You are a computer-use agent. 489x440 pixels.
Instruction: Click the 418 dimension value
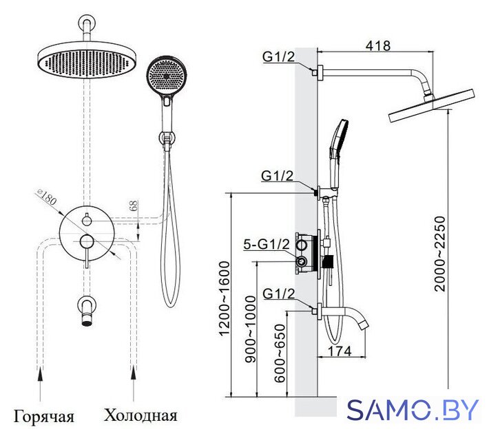[377, 45]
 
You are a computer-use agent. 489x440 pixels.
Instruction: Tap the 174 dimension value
[340, 351]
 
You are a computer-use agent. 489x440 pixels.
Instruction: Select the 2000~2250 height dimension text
[440, 254]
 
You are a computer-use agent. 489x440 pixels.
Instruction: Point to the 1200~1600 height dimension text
[225, 298]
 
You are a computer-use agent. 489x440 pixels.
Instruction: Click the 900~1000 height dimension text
[250, 329]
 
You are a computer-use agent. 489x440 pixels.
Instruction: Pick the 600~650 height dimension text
[280, 353]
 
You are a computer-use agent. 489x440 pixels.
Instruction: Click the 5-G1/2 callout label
[267, 245]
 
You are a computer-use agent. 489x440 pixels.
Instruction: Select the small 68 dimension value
[134, 206]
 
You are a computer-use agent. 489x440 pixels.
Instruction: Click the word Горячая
[43, 417]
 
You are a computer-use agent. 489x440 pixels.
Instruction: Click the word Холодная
[141, 415]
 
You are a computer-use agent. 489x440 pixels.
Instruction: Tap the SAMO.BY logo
[413, 410]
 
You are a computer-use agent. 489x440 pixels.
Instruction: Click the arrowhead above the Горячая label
[40, 373]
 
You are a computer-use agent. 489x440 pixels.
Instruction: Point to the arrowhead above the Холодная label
[134, 373]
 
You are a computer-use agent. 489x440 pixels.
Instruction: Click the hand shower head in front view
[165, 76]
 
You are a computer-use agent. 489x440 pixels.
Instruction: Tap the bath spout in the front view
[87, 311]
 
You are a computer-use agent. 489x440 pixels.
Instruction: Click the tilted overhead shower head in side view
[431, 106]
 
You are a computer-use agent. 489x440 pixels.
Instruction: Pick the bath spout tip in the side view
[364, 325]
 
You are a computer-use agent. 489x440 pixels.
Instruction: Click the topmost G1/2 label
[278, 57]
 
